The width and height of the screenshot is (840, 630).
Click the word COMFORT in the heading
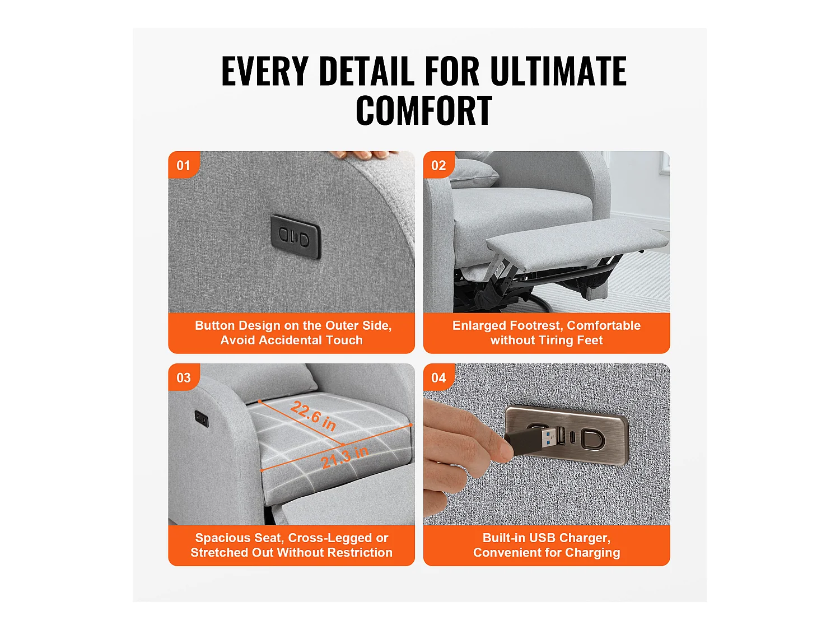pos(423,111)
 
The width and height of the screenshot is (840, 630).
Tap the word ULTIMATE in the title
pos(558,72)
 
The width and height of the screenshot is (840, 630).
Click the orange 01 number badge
pos(183,165)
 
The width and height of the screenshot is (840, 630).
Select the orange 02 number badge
pos(438,165)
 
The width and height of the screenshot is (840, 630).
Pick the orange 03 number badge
pos(183,377)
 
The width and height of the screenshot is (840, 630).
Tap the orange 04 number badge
pos(438,377)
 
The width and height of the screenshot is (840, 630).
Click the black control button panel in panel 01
pos(296,237)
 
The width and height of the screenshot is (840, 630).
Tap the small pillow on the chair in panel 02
pos(474,174)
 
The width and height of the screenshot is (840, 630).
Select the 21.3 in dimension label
pos(344,457)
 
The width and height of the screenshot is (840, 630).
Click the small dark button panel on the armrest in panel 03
pos(202,418)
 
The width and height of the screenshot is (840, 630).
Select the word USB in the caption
pos(542,538)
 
